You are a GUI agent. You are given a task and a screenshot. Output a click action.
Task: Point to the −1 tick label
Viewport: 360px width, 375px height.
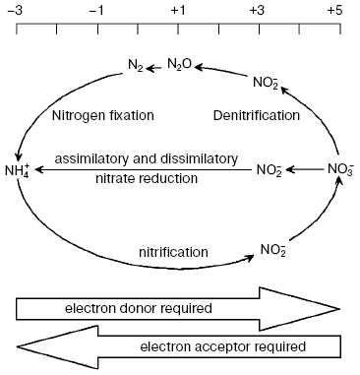96,10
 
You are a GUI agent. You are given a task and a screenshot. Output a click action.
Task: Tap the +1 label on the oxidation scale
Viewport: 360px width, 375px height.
178,10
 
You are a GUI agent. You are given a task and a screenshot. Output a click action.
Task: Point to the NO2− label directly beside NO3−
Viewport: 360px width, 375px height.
270,169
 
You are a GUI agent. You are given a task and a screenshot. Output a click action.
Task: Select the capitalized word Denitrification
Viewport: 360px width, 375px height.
256,115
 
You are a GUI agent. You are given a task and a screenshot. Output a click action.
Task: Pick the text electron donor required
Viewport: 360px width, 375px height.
138,308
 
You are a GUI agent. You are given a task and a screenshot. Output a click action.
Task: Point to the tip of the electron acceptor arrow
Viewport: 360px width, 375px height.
20,346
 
